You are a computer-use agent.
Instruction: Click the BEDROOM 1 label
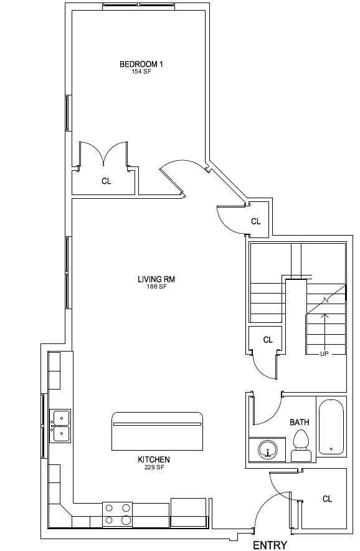(x=141, y=64)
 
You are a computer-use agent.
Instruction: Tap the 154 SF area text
(x=142, y=71)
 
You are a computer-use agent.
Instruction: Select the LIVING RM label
(x=156, y=279)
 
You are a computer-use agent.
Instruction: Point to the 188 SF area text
(x=157, y=287)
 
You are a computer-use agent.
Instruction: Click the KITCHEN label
(x=154, y=459)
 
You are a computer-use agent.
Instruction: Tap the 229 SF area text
(x=154, y=467)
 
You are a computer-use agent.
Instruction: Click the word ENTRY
(x=270, y=545)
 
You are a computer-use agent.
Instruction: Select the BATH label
(x=300, y=422)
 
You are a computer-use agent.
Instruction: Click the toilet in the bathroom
(x=301, y=446)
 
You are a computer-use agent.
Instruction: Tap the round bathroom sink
(x=268, y=449)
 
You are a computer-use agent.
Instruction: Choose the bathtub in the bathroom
(x=331, y=426)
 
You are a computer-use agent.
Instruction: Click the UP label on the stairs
(x=324, y=354)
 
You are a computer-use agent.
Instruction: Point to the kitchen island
(x=157, y=431)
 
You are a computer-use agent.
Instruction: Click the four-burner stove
(x=118, y=514)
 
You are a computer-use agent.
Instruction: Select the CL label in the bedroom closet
(x=106, y=181)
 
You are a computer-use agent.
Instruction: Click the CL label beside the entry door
(x=327, y=499)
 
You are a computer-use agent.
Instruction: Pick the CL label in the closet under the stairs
(x=268, y=340)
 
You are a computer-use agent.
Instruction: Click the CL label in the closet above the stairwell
(x=256, y=221)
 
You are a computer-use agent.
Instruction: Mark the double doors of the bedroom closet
(x=103, y=153)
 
